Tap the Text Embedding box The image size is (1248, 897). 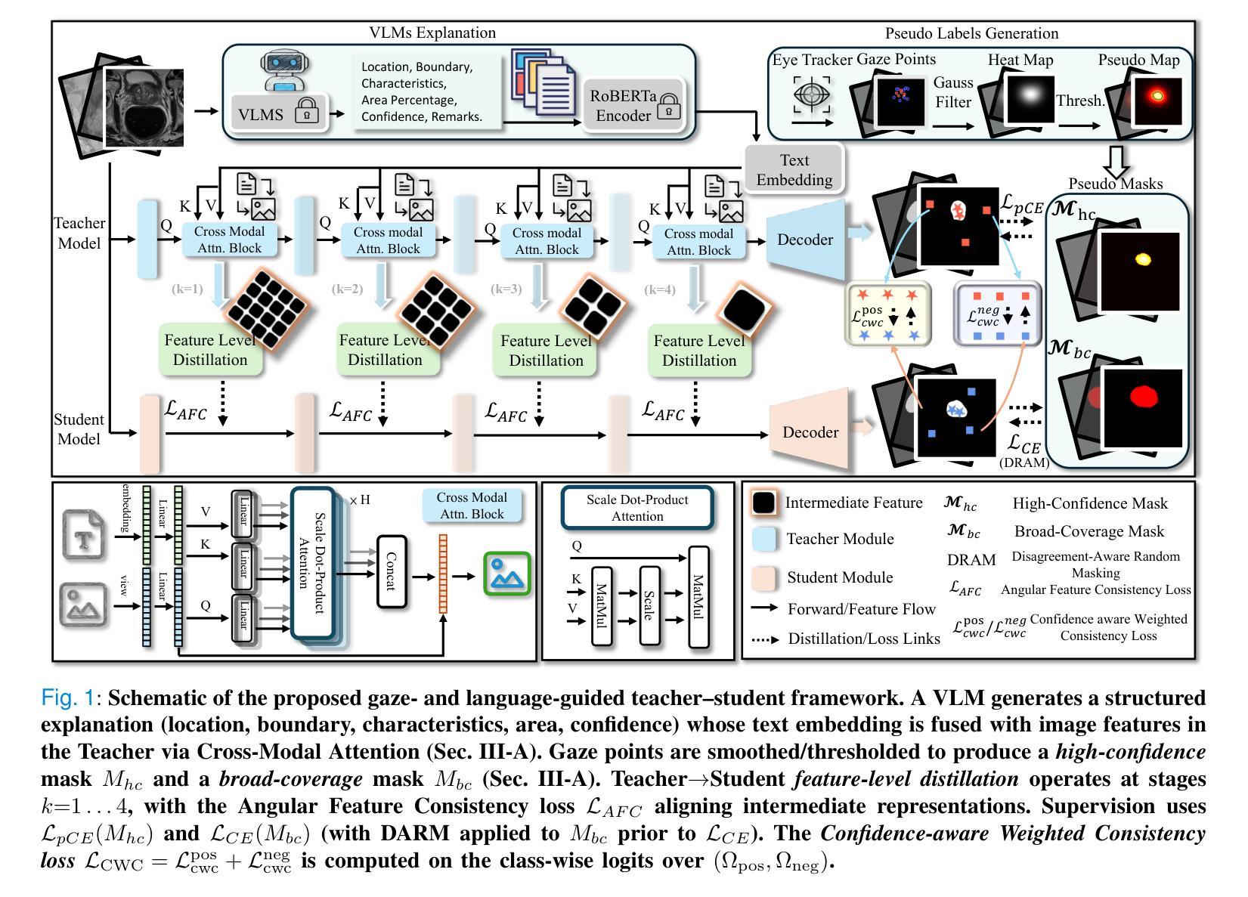point(794,170)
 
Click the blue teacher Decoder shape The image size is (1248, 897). point(805,240)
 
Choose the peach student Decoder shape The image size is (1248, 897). point(810,431)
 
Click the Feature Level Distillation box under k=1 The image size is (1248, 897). point(210,350)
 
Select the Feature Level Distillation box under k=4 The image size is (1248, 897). point(699,351)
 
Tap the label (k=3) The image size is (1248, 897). point(506,289)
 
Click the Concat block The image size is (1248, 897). point(392,571)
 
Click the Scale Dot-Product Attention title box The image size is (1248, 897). point(637,508)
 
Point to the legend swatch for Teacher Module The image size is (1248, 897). point(764,539)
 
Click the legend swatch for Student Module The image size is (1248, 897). point(764,577)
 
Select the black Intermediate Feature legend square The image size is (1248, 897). point(763,503)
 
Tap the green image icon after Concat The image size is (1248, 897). point(507,574)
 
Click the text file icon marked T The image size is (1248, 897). point(84,534)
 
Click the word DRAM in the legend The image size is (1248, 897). point(971,560)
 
